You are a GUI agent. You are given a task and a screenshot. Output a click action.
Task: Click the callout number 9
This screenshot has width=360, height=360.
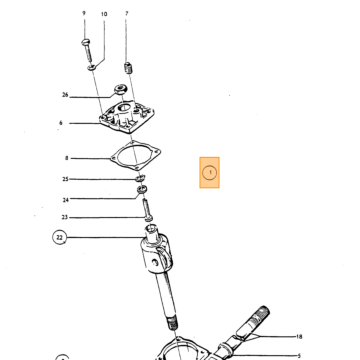tap(84, 13)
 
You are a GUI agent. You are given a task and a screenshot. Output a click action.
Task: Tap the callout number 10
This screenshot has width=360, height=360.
tap(104, 14)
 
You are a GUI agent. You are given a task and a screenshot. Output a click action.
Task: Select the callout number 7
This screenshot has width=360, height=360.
tap(126, 13)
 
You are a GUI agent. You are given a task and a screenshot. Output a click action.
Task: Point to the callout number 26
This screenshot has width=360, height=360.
tap(65, 95)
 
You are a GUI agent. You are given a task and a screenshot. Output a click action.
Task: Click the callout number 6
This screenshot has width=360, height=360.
tap(61, 123)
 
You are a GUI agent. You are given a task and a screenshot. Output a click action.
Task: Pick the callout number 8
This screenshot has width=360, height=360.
tap(66, 158)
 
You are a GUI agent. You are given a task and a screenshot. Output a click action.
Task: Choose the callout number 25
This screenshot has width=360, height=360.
tap(65, 179)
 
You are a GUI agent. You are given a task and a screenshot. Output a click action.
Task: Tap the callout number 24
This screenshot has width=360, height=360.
tap(65, 200)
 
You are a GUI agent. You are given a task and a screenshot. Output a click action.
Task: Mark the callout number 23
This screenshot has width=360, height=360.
tap(64, 217)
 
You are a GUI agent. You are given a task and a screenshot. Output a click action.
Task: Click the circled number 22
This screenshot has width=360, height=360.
tap(59, 238)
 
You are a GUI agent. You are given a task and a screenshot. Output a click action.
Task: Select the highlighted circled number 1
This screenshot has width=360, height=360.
tap(210, 173)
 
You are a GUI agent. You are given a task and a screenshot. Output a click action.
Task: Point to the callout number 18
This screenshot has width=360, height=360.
tap(299, 337)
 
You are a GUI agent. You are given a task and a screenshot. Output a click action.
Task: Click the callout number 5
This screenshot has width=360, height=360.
tap(299, 356)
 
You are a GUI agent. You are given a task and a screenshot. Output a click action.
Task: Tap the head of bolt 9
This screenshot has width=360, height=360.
tap(86, 42)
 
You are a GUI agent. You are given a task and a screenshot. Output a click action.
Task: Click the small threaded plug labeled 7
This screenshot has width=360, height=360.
tap(128, 68)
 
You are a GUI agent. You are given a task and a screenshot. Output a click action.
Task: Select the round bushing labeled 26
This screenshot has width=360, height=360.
tap(120, 89)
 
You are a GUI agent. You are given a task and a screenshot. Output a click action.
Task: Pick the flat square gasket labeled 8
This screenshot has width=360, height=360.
tap(136, 155)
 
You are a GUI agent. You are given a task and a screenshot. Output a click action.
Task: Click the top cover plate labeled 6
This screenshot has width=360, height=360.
tap(128, 117)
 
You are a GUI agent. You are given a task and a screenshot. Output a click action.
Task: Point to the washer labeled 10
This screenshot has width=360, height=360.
tap(92, 68)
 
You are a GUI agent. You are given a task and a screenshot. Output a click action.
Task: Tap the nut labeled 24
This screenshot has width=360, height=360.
tap(142, 190)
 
